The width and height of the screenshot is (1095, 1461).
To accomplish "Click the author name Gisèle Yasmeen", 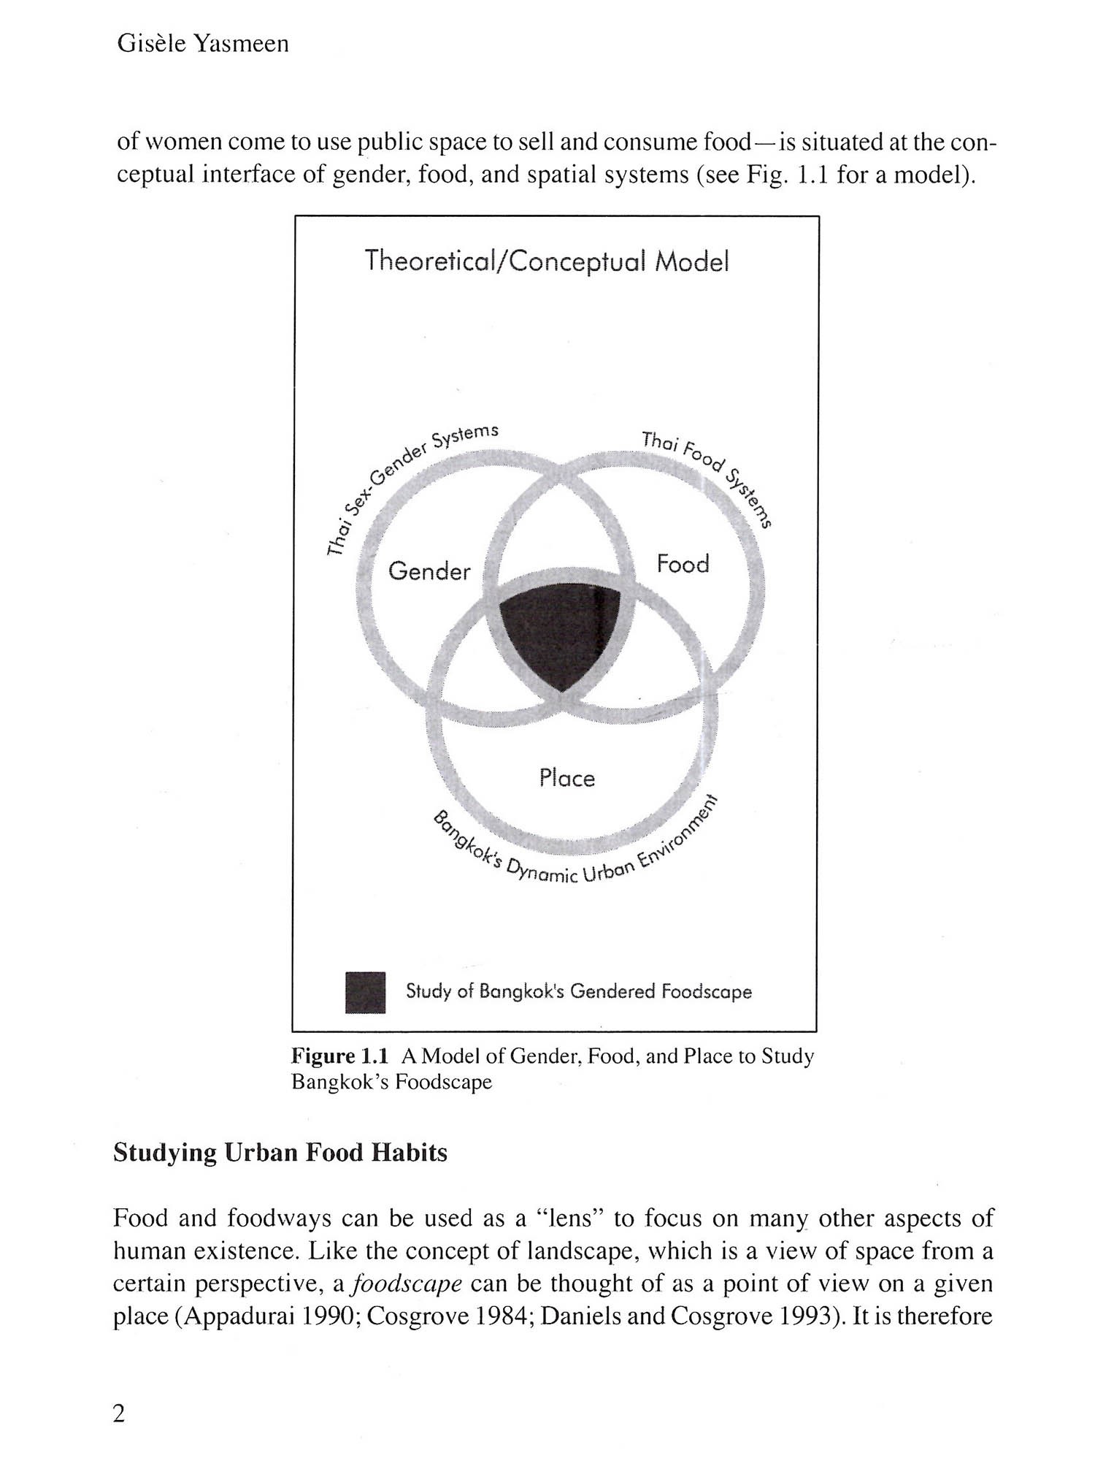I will (x=203, y=44).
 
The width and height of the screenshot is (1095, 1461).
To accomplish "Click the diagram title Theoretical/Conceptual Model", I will (x=547, y=261).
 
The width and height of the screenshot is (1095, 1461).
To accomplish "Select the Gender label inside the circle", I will (x=429, y=571).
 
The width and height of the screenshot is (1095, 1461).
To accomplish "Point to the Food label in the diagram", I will (x=683, y=564).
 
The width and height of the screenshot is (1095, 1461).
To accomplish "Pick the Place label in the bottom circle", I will (x=567, y=778).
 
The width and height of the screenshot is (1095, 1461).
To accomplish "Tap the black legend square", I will (x=365, y=991).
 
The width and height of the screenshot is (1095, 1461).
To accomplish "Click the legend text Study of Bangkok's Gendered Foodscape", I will (x=578, y=991).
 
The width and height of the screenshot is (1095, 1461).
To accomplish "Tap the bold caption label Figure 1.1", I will (x=339, y=1056).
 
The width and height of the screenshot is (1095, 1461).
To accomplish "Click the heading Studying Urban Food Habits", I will (x=280, y=1153).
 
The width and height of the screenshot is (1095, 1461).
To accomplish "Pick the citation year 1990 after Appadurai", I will (x=326, y=1316).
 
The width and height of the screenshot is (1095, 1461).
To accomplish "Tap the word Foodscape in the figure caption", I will (x=444, y=1082).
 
